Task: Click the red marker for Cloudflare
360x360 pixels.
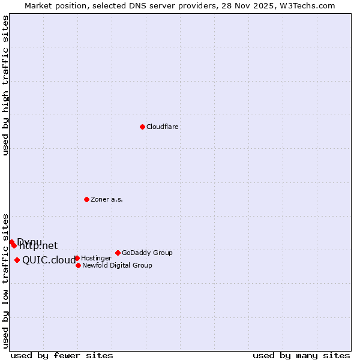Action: click(142, 127)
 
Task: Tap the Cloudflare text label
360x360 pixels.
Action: click(163, 127)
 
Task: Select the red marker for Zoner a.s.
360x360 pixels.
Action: click(86, 199)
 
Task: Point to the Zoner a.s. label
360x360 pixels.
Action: click(107, 200)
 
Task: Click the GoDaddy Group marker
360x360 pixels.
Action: click(118, 253)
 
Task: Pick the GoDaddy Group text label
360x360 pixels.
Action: click(147, 253)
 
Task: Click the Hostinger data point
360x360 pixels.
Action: click(77, 258)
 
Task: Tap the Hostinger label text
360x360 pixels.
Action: click(96, 259)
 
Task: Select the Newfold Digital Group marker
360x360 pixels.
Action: click(78, 265)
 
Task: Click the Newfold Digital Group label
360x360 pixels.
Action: click(117, 266)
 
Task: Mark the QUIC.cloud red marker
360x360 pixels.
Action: click(17, 260)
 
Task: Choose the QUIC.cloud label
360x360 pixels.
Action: click(49, 260)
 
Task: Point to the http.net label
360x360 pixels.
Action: click(38, 246)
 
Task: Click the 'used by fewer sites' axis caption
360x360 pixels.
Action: click(62, 355)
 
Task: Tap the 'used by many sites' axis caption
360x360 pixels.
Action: click(301, 355)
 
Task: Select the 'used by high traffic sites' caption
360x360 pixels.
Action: click(6, 85)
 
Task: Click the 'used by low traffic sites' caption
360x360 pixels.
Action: click(6, 280)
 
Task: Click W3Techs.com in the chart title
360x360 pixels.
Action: click(305, 5)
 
